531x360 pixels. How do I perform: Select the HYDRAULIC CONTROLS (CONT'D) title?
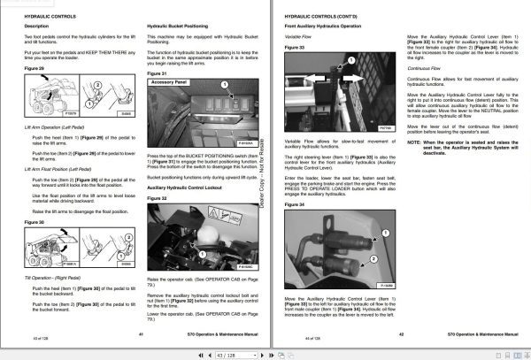pos(320,16)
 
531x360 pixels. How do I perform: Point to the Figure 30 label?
pos(34,222)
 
